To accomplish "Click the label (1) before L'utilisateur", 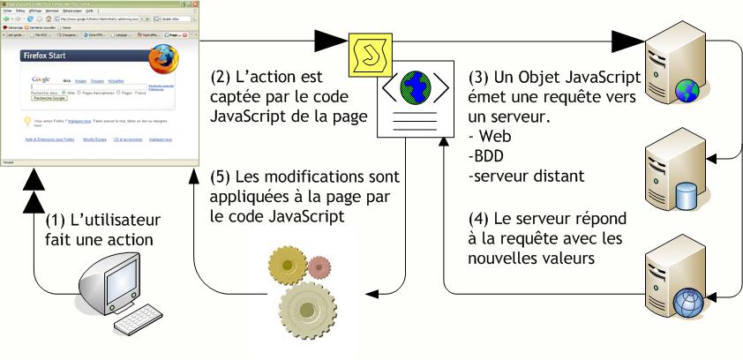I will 57,218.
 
